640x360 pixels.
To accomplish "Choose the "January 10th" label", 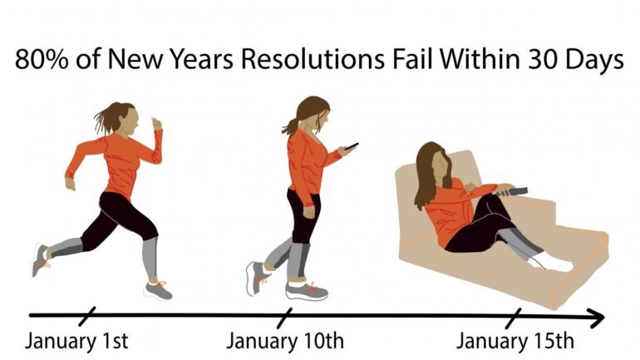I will (284, 342).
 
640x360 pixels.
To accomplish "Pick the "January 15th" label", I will (514, 342).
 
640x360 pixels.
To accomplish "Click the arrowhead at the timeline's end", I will (597, 316).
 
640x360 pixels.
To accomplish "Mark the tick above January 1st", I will (87, 316).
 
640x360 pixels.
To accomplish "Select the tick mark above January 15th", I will (514, 316).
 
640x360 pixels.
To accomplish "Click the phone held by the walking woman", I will (352, 147).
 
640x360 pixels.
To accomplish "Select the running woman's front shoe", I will (158, 289).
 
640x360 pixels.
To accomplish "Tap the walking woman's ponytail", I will (291, 126).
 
